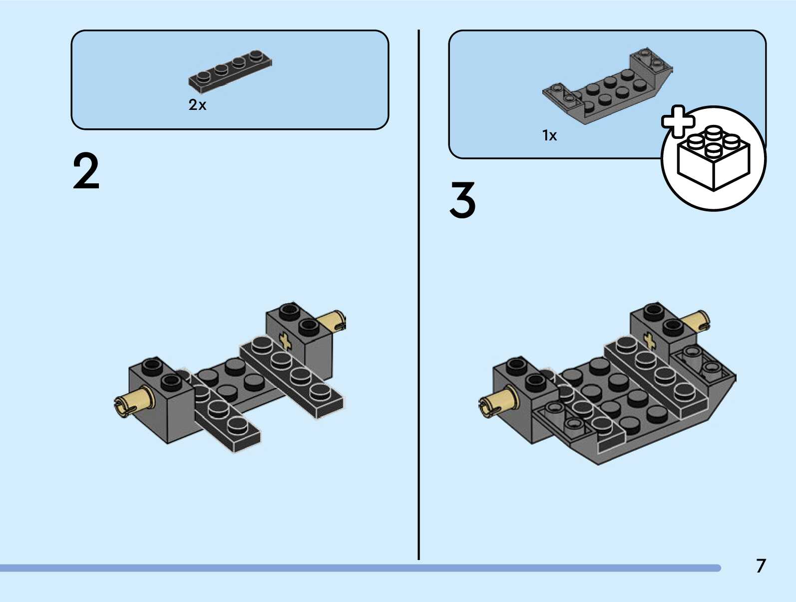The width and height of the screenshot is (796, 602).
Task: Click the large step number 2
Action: pyautogui.click(x=86, y=171)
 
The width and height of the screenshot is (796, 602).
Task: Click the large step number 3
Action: pyautogui.click(x=463, y=200)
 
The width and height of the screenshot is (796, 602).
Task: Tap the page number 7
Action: pyautogui.click(x=761, y=566)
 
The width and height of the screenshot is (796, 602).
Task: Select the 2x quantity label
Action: pyautogui.click(x=197, y=105)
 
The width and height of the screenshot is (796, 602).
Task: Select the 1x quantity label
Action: pyautogui.click(x=549, y=135)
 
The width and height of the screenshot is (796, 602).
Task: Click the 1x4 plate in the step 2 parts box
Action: pyautogui.click(x=230, y=71)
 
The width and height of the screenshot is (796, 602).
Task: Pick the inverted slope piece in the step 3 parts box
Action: pyautogui.click(x=607, y=86)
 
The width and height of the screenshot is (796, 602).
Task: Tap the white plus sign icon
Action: pyautogui.click(x=678, y=121)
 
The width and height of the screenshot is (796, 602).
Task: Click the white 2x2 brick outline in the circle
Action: pyautogui.click(x=713, y=158)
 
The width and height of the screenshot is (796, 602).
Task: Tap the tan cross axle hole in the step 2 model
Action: pyautogui.click(x=285, y=341)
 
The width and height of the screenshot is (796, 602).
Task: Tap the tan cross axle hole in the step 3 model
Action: pyautogui.click(x=649, y=340)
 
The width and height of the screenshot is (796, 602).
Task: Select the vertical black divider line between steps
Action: pyautogui.click(x=419, y=294)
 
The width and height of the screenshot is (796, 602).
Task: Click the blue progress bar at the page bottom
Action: pyautogui.click(x=361, y=568)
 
